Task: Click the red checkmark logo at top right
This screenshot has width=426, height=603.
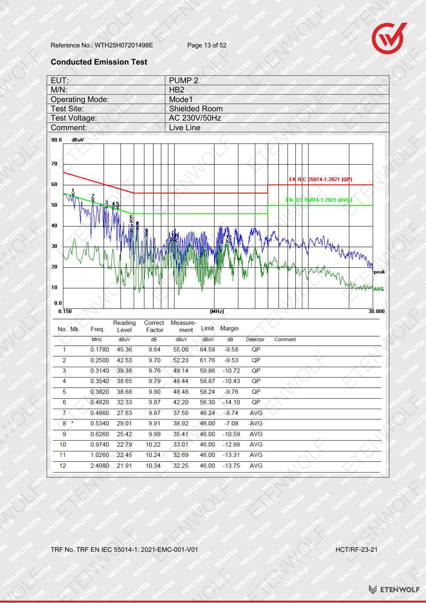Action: click(x=389, y=38)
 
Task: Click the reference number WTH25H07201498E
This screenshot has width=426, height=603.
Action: click(x=124, y=45)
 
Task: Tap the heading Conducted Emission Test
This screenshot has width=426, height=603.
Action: click(x=99, y=62)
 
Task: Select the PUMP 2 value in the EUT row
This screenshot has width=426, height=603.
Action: click(x=184, y=80)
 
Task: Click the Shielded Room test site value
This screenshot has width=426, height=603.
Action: click(x=196, y=109)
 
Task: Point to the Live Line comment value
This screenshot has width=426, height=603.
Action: click(x=185, y=127)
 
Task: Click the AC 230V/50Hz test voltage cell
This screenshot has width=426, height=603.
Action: click(x=195, y=118)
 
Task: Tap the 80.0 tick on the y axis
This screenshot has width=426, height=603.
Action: click(x=57, y=140)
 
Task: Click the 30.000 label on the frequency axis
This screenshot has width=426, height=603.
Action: click(x=377, y=311)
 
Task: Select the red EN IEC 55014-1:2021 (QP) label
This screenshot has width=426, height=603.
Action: click(x=321, y=179)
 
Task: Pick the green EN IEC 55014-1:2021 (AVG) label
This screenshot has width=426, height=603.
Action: click(x=319, y=200)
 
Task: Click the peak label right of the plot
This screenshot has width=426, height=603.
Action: click(x=379, y=272)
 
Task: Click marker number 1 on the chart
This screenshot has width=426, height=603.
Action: click(x=73, y=193)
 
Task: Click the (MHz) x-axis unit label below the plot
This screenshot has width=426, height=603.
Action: click(x=217, y=311)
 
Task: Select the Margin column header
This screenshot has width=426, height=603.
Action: click(x=229, y=328)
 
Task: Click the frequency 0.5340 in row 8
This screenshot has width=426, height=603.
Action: click(x=100, y=424)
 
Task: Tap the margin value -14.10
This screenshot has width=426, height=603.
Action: click(x=231, y=402)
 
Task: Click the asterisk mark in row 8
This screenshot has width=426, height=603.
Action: click(x=72, y=423)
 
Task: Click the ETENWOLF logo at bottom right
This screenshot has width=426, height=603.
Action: click(x=394, y=590)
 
